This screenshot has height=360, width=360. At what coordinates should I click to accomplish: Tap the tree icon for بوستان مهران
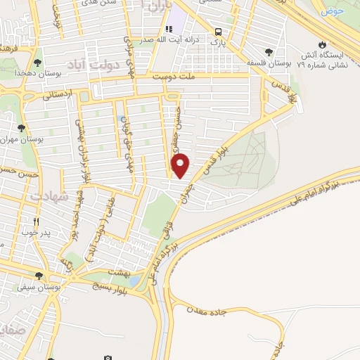(x=21, y=128)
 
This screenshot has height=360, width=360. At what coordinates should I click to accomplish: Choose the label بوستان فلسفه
(x=269, y=63)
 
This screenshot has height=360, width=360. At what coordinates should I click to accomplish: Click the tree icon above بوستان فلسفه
(x=269, y=51)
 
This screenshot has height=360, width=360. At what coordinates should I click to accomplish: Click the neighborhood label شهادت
(x=48, y=196)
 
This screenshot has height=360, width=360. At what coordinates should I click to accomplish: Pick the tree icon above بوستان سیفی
(x=39, y=276)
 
